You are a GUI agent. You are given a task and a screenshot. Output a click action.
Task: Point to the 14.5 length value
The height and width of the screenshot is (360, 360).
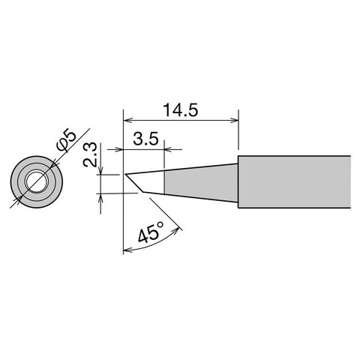click(180, 109)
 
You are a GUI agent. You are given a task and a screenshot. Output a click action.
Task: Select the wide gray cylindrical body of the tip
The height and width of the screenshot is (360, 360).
click(292, 181)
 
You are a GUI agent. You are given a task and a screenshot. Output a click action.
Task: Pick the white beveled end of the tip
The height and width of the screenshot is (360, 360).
click(146, 182)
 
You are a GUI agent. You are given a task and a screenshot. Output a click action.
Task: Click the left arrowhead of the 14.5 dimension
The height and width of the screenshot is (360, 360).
click(127, 118)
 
